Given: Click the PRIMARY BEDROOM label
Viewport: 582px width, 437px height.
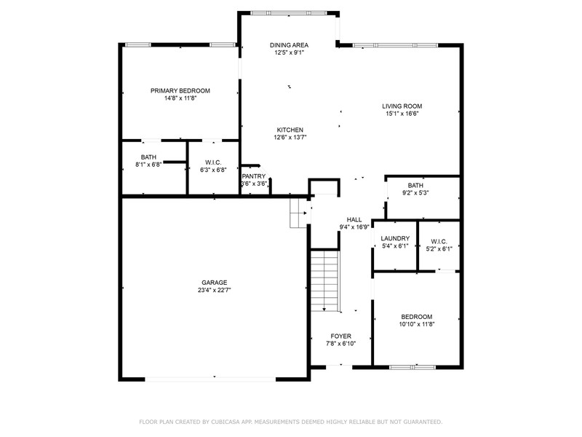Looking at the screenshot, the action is (x=180, y=90).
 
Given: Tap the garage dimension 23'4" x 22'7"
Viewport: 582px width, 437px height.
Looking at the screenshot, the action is (x=214, y=290).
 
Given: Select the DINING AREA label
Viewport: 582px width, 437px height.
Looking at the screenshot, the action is (x=289, y=45).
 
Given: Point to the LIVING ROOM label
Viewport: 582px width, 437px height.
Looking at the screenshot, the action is (x=402, y=106).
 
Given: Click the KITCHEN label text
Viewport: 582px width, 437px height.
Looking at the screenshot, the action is (x=290, y=130).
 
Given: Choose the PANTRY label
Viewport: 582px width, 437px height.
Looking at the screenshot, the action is (x=254, y=176).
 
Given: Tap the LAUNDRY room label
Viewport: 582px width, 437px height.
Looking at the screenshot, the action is (x=395, y=239).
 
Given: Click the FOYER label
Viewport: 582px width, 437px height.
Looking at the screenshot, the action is (x=340, y=336).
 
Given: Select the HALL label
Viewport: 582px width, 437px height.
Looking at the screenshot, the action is (x=354, y=220).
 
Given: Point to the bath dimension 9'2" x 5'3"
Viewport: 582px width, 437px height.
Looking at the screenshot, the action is (x=415, y=193).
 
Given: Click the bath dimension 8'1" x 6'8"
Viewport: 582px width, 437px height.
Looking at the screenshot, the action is (x=148, y=165).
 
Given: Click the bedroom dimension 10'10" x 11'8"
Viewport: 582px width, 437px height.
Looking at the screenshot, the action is (x=417, y=324).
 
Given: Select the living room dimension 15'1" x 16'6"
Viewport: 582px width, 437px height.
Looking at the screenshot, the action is (x=402, y=114).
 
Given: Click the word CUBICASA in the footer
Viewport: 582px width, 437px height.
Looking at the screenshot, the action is (x=226, y=422).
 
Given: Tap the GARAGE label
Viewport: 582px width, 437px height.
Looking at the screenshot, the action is (x=214, y=283).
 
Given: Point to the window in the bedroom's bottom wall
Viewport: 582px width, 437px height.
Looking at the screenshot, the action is (x=412, y=367).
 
